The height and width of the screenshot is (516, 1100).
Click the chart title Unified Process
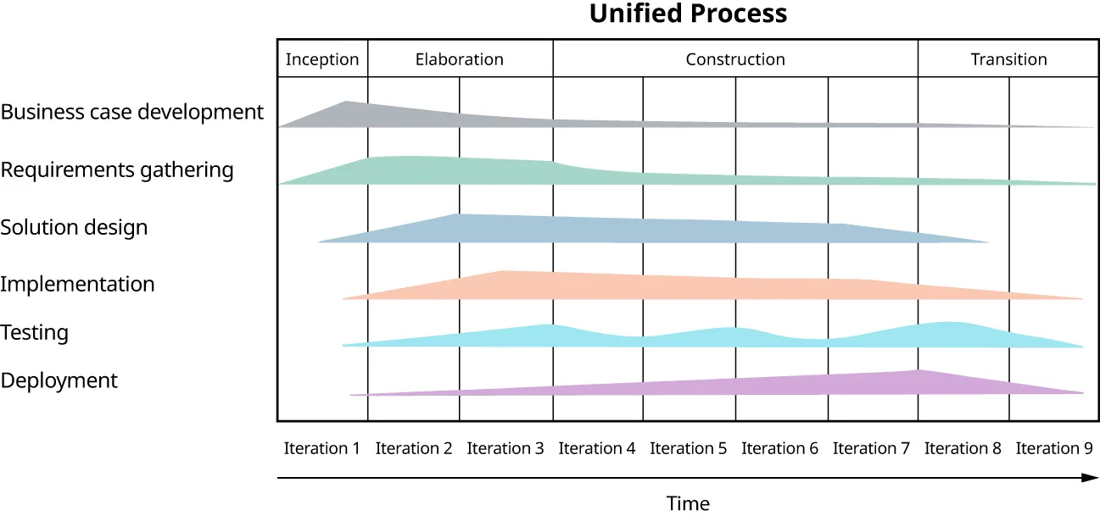688,14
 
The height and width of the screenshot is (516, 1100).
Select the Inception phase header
322,59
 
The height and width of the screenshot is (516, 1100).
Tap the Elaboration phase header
460,59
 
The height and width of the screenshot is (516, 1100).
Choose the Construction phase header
735,59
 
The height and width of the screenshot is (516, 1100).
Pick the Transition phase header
1008,59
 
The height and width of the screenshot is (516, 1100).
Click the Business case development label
132,112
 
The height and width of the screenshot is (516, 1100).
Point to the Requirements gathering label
117,169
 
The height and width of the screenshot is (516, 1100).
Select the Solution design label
74,227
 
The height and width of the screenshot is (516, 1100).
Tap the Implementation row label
77,284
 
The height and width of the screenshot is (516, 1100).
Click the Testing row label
35,332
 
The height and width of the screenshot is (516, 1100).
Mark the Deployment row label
59,380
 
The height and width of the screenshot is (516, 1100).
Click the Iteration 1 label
322,448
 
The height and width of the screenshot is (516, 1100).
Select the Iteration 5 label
688,448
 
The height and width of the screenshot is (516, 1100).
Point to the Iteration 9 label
1054,448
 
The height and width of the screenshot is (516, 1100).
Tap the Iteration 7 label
871,448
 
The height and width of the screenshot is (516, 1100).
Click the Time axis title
688,503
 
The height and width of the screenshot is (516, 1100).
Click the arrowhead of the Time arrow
1092,478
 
